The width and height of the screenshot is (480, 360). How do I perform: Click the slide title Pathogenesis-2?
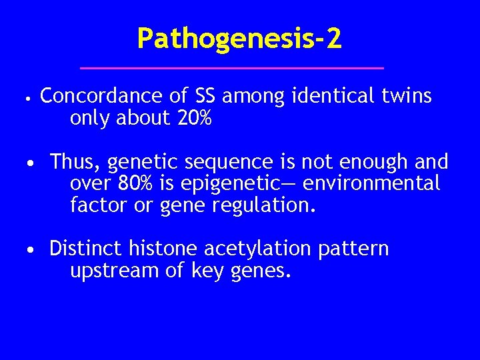tap(239, 39)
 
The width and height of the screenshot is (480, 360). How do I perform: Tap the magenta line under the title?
tap(232, 68)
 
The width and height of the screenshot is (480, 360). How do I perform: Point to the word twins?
tap(407, 97)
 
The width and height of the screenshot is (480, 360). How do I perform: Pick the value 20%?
tap(195, 119)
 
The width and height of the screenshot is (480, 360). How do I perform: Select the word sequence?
tap(217, 162)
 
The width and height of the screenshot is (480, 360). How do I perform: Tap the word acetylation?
tap(257, 249)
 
